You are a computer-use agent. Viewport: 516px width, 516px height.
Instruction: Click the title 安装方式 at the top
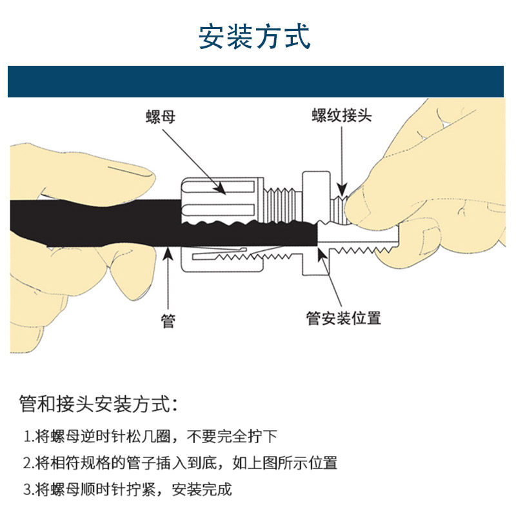click(x=255, y=37)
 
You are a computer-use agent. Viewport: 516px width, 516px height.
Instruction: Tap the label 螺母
click(x=161, y=117)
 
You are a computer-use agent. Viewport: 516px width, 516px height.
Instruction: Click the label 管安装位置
click(x=343, y=318)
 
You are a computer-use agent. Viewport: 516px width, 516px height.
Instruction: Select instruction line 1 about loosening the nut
click(x=150, y=437)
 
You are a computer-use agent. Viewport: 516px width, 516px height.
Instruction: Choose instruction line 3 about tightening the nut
click(x=128, y=489)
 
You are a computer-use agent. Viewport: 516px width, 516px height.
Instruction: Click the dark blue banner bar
click(x=255, y=82)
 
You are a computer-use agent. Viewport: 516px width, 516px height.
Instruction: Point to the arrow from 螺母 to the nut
click(x=193, y=158)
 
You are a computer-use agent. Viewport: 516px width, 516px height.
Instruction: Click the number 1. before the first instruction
click(x=28, y=437)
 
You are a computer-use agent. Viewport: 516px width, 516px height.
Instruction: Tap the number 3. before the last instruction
click(x=28, y=489)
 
